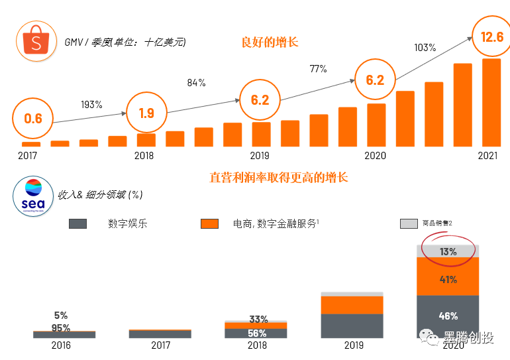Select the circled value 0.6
tap(33, 119)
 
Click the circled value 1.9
tap(146, 113)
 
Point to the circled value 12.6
tap(491, 37)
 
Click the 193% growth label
tap(91, 104)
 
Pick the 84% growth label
tap(196, 83)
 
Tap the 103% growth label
tap(425, 48)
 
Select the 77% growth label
tap(319, 69)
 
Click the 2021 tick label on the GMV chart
tap(487, 156)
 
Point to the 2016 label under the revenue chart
tap(60, 345)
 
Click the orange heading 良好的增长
tap(270, 42)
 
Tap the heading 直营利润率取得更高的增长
tap(279, 177)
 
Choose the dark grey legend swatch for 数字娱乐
tap(78, 224)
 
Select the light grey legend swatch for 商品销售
tap(409, 224)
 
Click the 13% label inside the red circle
tap(448, 252)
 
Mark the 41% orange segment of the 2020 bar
tap(448, 279)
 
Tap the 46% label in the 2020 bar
tap(448, 316)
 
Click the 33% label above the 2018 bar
tap(258, 320)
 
